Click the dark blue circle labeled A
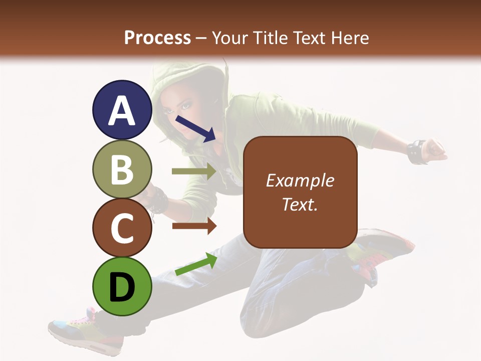tap(122, 110)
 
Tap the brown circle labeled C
tap(122, 228)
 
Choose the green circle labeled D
tap(122, 286)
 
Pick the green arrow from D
tap(196, 264)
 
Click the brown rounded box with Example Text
tap(300, 192)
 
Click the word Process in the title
tap(157, 38)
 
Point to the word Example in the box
tap(300, 180)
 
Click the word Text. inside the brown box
tap(300, 205)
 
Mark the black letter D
tap(122, 287)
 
